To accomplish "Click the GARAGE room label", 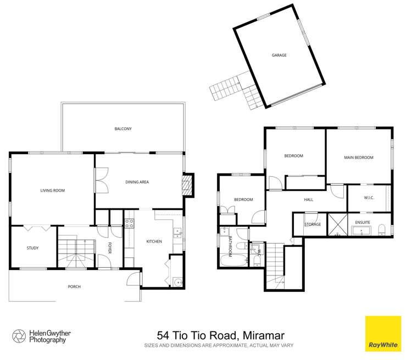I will coord(279,55).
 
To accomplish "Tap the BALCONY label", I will coord(123,128).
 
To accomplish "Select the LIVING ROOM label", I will coord(52,190).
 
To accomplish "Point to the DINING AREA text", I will coord(137,182).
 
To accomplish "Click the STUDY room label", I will coord(32,248).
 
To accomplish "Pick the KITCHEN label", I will coord(154,241).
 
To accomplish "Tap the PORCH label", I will coord(74,287).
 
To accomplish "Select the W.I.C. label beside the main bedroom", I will coord(369,198).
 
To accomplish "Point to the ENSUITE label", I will coord(363,222).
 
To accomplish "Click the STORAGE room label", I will coord(313,224).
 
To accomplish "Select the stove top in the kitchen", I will coord(130,223).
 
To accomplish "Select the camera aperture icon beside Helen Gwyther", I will coord(18,335).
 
